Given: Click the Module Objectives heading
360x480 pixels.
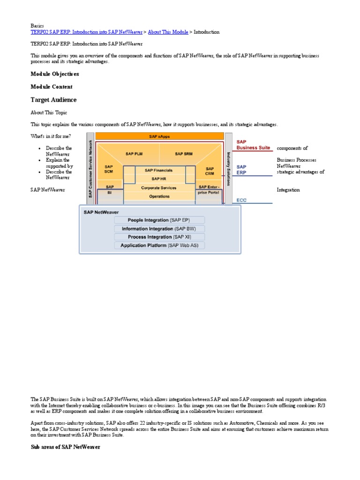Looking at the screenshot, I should pyautogui.click(x=55, y=74).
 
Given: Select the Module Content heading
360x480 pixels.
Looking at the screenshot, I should pyautogui.click(x=52, y=87).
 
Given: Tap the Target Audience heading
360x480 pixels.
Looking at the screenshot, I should pyautogui.click(x=53, y=100).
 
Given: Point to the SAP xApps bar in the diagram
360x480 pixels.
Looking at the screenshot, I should pyautogui.click(x=159, y=136).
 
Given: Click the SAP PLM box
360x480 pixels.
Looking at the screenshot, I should pyautogui.click(x=134, y=154).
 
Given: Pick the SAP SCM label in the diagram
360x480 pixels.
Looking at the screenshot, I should pyautogui.click(x=109, y=170).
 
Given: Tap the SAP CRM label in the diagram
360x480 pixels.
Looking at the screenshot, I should pyautogui.click(x=210, y=172).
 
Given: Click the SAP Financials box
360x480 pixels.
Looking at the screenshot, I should pyautogui.click(x=159, y=170).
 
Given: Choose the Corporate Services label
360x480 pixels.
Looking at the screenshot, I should pyautogui.click(x=159, y=187).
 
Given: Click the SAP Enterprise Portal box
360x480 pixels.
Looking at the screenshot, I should pyautogui.click(x=209, y=190).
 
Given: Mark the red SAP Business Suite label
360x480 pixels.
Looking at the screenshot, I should pyautogui.click(x=253, y=144).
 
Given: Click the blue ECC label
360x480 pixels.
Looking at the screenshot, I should pyautogui.click(x=241, y=200).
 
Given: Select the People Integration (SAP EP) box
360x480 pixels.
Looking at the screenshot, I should pyautogui.click(x=159, y=220).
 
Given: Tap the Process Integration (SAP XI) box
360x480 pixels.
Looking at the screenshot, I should pyautogui.click(x=159, y=237).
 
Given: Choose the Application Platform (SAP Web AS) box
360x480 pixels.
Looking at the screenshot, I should pyautogui.click(x=159, y=246).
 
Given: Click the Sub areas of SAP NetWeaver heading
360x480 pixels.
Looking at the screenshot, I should pyautogui.click(x=65, y=447).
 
